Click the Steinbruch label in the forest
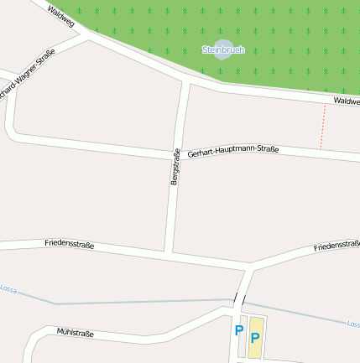pyautogui.click(x=222, y=50)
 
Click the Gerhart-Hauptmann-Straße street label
pyautogui.click(x=232, y=151)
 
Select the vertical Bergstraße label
pyautogui.click(x=175, y=168)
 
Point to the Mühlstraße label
pyautogui.click(x=75, y=334)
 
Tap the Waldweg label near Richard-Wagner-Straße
pyautogui.click(x=61, y=15)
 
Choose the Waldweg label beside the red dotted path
pyautogui.click(x=347, y=101)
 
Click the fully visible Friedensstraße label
pyautogui.click(x=69, y=245)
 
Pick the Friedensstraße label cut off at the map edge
pyautogui.click(x=337, y=246)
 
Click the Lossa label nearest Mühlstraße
pyautogui.click(x=8, y=288)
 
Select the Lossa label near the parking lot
pyautogui.click(x=352, y=324)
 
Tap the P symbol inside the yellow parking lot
pyautogui.click(x=255, y=340)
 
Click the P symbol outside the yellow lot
pyautogui.click(x=239, y=331)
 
